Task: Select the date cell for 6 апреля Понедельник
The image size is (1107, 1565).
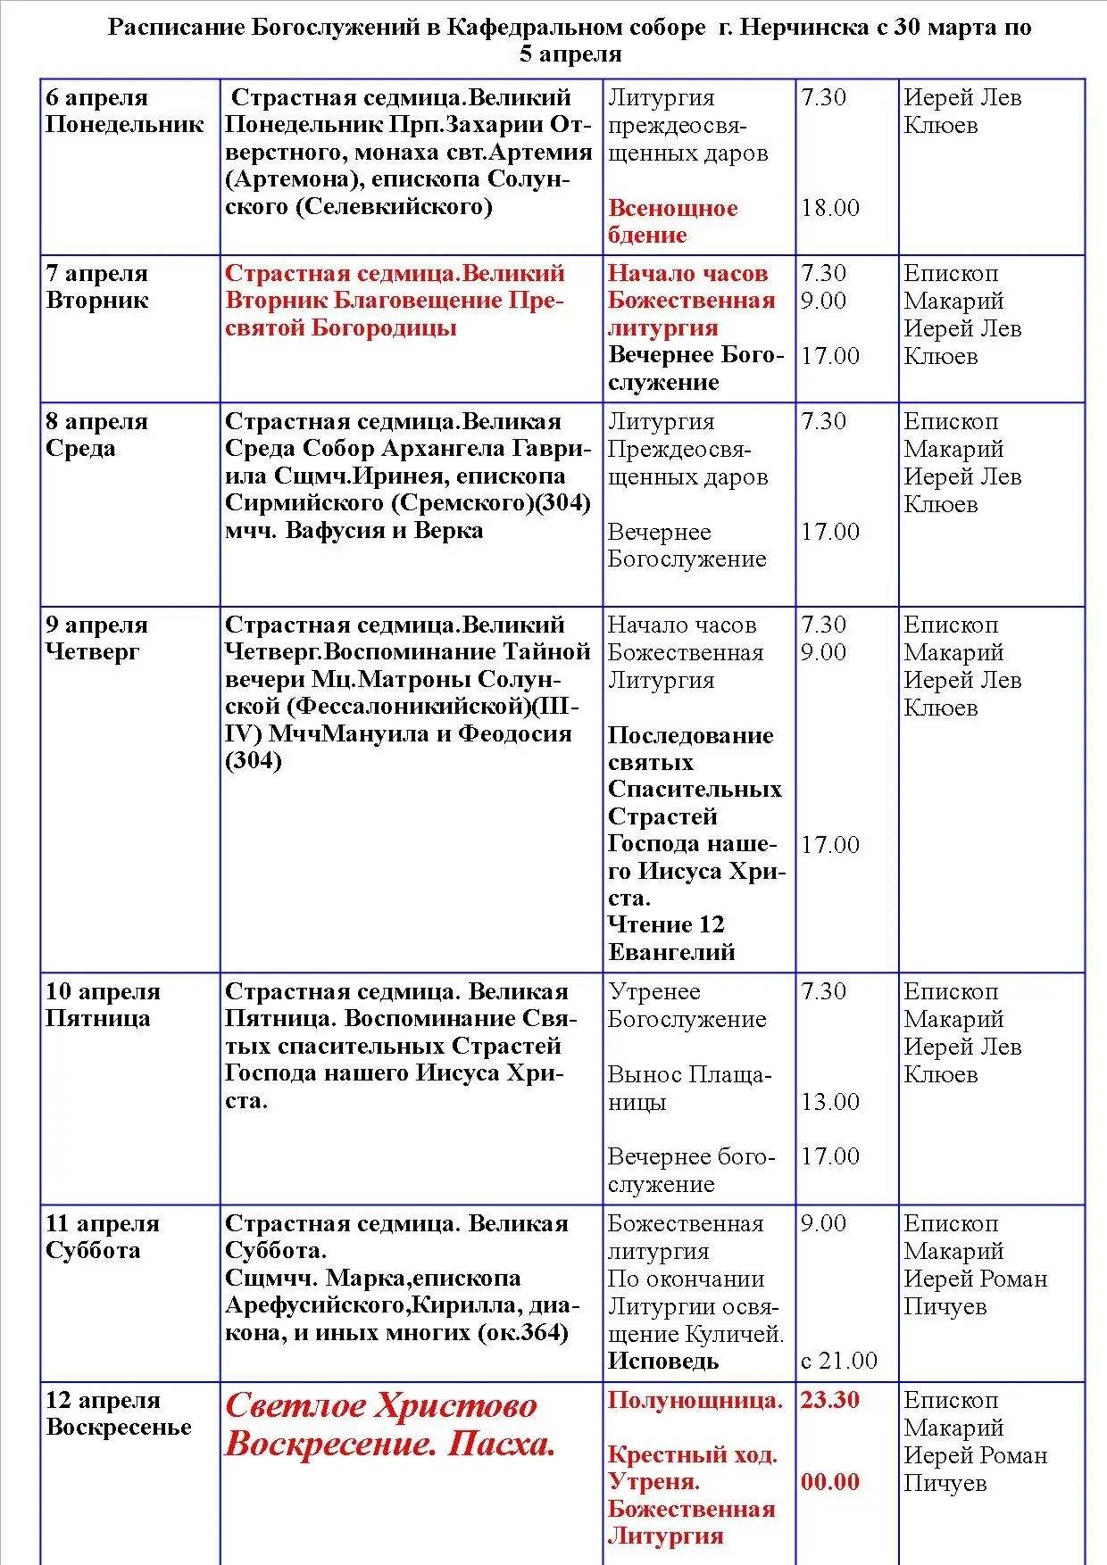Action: coord(124,111)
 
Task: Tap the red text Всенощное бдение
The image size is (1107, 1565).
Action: coord(672,221)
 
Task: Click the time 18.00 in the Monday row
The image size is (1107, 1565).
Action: coord(829,209)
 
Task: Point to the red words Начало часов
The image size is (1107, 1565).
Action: coord(687,273)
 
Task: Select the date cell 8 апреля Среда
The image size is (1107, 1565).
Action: coord(97,435)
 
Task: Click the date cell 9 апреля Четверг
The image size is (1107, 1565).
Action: coord(97,638)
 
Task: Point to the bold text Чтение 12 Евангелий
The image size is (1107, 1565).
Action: coord(671,938)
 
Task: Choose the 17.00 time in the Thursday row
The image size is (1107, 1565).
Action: coord(829,845)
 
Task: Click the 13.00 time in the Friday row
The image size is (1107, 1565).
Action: coord(829,1102)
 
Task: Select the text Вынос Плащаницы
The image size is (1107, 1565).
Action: coord(688,1088)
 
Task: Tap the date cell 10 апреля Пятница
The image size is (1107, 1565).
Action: coord(103,1005)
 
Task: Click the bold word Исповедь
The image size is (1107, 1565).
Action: coord(663,1362)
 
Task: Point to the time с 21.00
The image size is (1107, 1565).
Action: coord(838,1361)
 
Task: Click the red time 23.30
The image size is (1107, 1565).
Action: coord(829,1400)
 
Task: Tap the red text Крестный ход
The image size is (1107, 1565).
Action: coord(692,1455)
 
